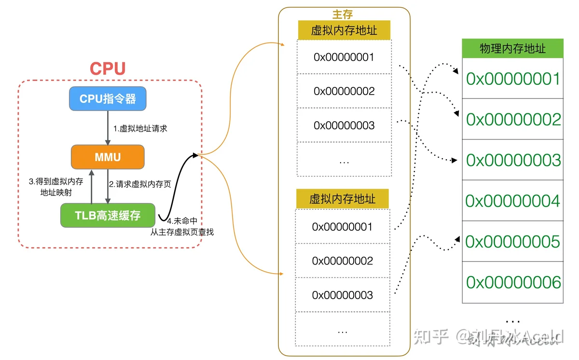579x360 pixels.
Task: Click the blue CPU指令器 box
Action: pos(108,99)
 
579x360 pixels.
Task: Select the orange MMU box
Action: pos(108,157)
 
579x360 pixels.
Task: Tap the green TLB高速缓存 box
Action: pos(108,215)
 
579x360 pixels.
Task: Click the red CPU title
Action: pos(108,69)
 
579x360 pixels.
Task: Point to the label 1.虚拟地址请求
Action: pos(140,128)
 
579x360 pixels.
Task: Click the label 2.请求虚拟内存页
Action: pos(140,184)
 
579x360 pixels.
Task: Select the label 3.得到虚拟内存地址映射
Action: pos(56,187)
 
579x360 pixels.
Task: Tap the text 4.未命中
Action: pos(182,221)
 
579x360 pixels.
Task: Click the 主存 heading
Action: pos(343,14)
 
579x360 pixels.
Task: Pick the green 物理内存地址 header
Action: pos(512,48)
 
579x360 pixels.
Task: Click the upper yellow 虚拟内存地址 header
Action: pos(344,30)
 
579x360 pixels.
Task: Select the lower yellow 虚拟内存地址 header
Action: pos(343,199)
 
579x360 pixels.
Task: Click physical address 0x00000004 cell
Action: pos(512,201)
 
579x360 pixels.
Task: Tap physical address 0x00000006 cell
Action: pos(512,282)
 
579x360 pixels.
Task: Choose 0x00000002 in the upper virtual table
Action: pos(345,91)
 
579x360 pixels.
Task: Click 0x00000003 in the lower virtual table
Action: pos(343,295)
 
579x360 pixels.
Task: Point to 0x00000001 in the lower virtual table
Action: pos(343,227)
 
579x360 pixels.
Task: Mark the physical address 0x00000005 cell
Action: pos(512,241)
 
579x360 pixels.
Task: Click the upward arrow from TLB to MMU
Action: pos(92,186)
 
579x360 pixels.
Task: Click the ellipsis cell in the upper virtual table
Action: pos(345,159)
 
